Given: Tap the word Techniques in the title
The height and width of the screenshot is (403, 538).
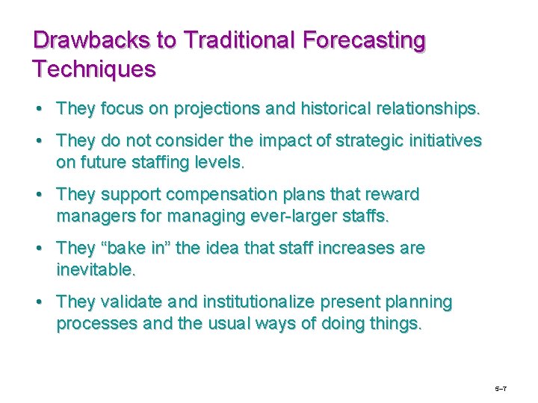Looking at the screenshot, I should (94, 69).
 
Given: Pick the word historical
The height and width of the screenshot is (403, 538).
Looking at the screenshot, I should (338, 109).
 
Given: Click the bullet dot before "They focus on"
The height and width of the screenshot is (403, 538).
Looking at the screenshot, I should (38, 110).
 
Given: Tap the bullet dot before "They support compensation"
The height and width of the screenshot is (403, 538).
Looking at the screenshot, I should (38, 196).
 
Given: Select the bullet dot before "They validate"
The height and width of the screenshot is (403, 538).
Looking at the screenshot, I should (38, 302).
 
